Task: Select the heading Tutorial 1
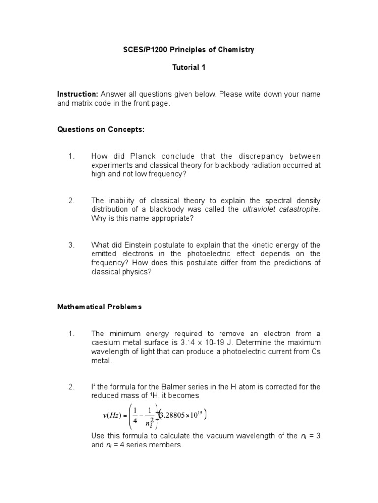[189, 68]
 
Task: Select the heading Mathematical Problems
[99, 307]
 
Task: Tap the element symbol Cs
[315, 351]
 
